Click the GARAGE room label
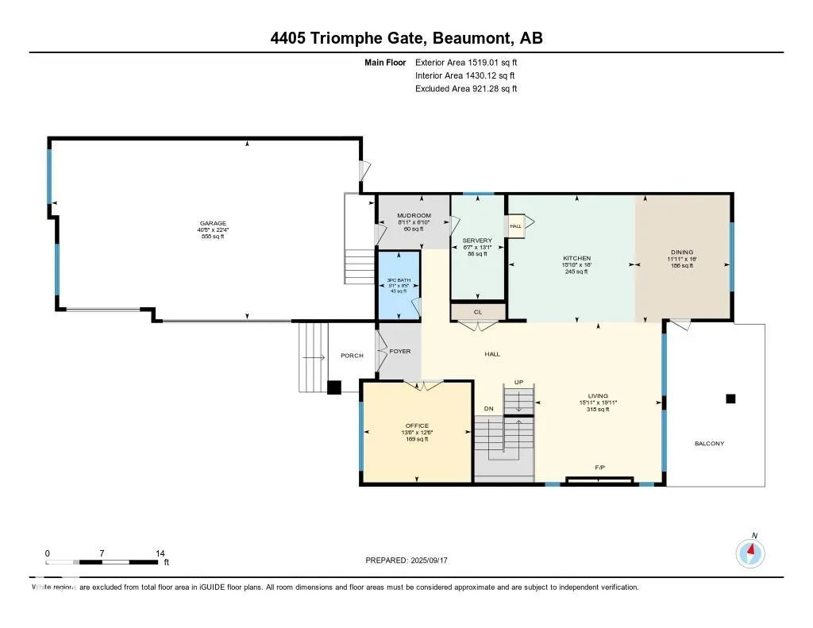212,223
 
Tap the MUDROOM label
414,215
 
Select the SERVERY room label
477,241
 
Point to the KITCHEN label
577,259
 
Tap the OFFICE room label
417,426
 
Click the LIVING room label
598,396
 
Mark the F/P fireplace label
600,468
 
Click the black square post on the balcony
730,399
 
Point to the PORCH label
352,356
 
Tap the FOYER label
400,351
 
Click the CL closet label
478,312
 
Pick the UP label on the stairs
518,383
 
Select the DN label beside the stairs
488,409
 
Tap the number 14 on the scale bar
160,553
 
